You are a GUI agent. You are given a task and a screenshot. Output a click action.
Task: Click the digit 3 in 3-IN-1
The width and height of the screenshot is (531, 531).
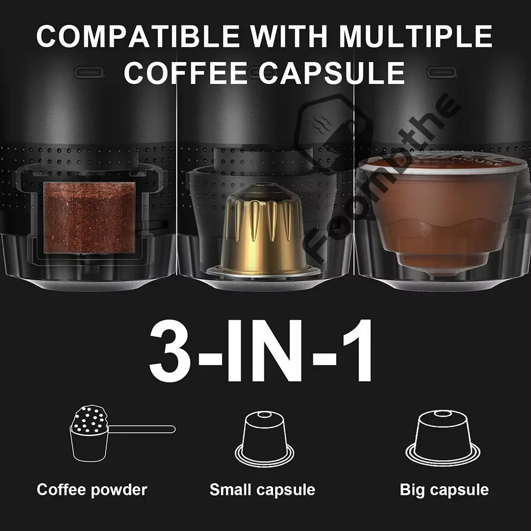(x=171, y=350)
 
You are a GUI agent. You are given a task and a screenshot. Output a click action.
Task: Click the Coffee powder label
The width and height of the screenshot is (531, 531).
(x=92, y=489)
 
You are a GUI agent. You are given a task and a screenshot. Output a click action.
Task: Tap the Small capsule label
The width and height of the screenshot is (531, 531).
(x=262, y=489)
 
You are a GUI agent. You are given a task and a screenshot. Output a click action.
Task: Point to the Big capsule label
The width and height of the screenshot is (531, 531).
(x=444, y=489)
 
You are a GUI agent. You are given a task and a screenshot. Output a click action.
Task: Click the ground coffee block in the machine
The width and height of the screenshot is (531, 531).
(x=89, y=217)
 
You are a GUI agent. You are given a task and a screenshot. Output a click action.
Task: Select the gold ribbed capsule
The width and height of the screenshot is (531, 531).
(x=263, y=228)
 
